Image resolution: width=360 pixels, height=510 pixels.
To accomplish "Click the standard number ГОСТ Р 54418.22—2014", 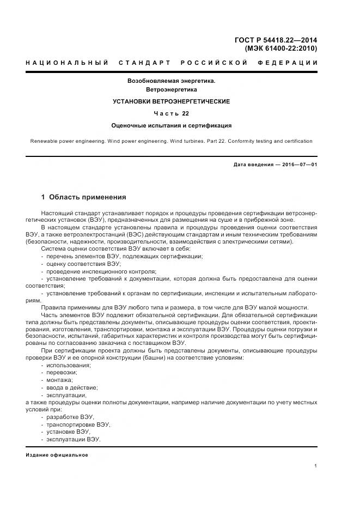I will pyautogui.click(x=276, y=40).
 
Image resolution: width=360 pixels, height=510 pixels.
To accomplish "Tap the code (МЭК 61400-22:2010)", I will pyautogui.click(x=281, y=48).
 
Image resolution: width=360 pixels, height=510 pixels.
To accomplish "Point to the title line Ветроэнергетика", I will pyautogui.click(x=172, y=89).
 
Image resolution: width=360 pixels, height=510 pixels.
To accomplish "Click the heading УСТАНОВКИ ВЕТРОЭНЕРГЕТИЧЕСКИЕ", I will pyautogui.click(x=172, y=101).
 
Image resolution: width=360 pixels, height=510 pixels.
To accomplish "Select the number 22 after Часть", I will pyautogui.click(x=186, y=113).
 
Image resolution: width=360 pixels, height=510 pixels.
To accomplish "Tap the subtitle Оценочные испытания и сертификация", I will pyautogui.click(x=172, y=125).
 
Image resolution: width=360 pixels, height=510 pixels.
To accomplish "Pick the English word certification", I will pyautogui.click(x=296, y=141).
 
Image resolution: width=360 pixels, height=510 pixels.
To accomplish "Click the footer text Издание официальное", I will pyautogui.click(x=57, y=455).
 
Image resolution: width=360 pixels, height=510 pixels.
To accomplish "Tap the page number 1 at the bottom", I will pyautogui.click(x=316, y=466).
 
